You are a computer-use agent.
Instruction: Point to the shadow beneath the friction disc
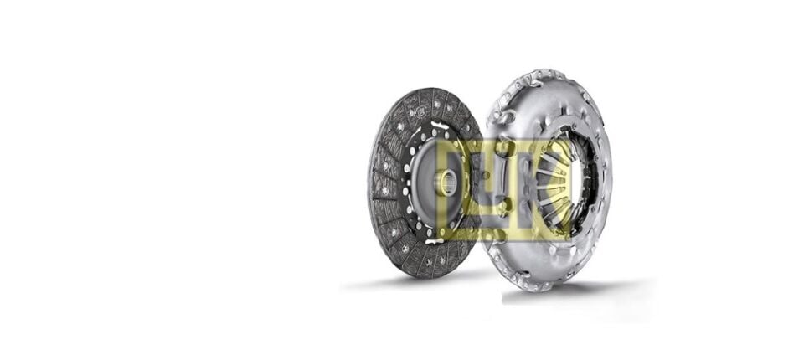pos(410,281)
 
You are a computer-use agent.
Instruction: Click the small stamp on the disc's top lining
pos(419,112)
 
